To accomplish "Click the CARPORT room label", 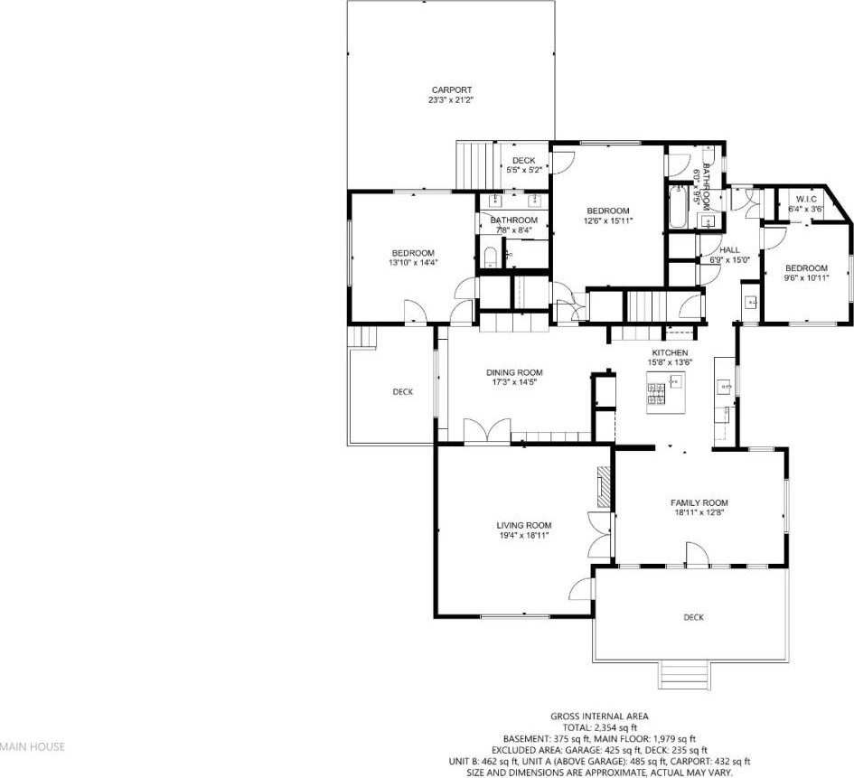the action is (452, 89).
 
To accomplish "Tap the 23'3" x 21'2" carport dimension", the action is (452, 100).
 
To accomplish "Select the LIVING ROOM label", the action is (524, 525).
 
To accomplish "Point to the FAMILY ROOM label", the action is (699, 502).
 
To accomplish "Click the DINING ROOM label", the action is (515, 372).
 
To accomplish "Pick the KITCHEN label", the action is (670, 352).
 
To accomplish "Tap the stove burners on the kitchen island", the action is (656, 393).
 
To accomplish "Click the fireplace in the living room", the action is (603, 487).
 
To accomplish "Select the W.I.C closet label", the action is (806, 199).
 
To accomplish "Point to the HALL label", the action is (730, 250).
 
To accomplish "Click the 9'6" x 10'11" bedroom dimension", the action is (806, 277).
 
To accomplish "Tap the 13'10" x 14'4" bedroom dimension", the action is (413, 262).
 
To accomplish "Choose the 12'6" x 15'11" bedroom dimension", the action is (608, 220).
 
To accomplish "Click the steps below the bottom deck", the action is (685, 674).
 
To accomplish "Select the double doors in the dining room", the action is (487, 431).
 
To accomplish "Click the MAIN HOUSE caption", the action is (33, 747).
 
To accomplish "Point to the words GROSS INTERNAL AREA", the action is (600, 717).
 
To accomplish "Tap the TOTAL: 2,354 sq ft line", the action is (600, 727).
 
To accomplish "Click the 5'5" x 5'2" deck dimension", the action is (524, 170).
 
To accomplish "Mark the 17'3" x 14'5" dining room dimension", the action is (515, 382).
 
